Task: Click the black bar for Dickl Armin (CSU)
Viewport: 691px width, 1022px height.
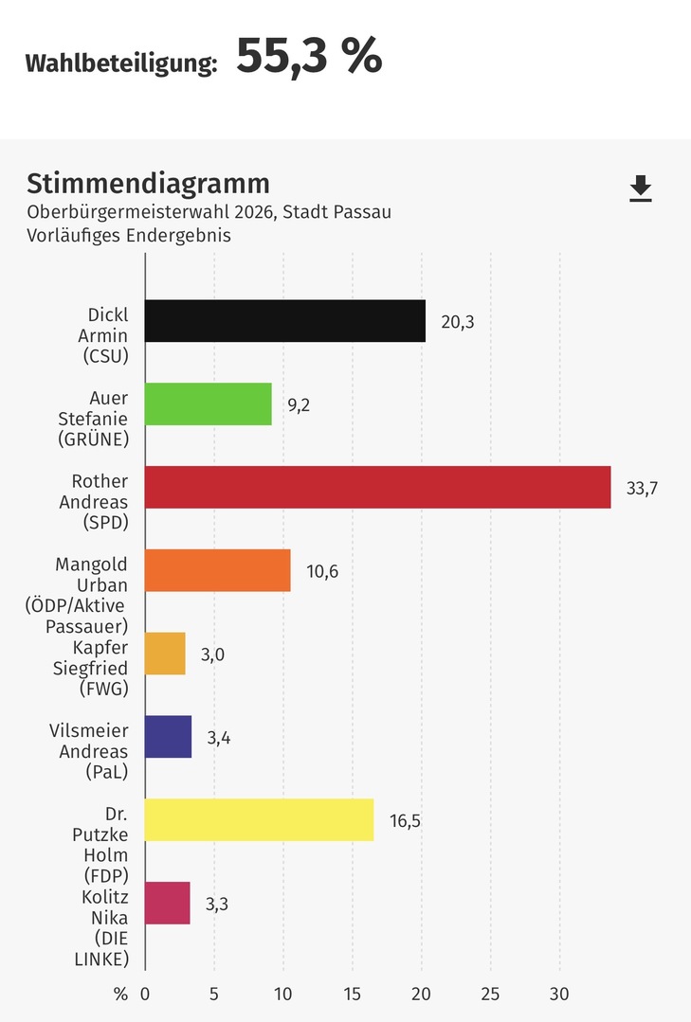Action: pos(284,321)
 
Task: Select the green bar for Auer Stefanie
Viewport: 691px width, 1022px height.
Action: pos(209,403)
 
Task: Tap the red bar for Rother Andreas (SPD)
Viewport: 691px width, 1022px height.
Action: pos(377,487)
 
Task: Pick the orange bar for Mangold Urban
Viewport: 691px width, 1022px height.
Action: pos(218,570)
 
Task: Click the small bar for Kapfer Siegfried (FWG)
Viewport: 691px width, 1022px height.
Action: pos(165,654)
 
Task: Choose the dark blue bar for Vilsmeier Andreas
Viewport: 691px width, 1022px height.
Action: pos(169,736)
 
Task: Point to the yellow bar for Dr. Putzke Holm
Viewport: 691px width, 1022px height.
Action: pos(259,819)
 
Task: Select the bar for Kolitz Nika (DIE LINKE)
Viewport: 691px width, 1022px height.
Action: pos(168,903)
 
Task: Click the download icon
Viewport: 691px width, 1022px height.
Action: pos(641,188)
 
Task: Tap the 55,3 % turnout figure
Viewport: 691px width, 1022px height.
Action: pos(308,58)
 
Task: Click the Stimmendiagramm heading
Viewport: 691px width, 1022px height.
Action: pos(148,183)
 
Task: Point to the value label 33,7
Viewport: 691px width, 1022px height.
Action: pos(642,488)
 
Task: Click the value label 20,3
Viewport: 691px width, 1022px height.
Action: pos(457,322)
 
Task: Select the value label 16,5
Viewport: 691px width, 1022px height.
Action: pos(405,820)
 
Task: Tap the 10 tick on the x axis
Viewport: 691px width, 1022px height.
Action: pos(282,995)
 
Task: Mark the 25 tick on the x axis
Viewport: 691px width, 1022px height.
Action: pos(490,995)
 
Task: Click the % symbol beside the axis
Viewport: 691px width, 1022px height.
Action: pos(120,995)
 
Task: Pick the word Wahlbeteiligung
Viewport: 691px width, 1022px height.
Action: pos(121,63)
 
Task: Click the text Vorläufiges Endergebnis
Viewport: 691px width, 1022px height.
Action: pos(129,236)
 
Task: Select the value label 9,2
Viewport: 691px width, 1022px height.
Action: pos(299,404)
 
